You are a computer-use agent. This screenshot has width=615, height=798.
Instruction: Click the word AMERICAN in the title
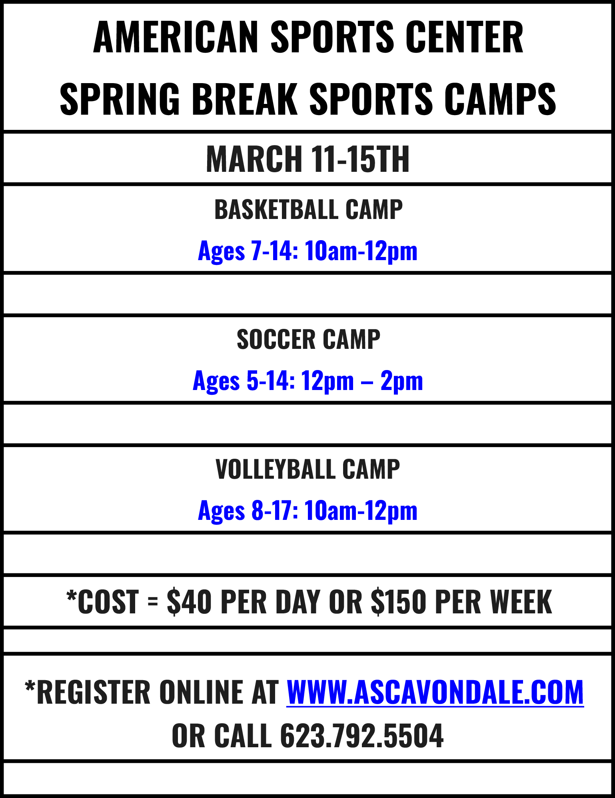tap(176, 37)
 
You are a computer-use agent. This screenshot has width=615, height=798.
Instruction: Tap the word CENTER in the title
tap(465, 37)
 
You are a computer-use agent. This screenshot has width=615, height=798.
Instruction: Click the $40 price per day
tap(189, 602)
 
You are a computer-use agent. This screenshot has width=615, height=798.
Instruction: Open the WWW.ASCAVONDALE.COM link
tap(435, 692)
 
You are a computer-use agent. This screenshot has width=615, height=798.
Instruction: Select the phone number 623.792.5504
tap(361, 736)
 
